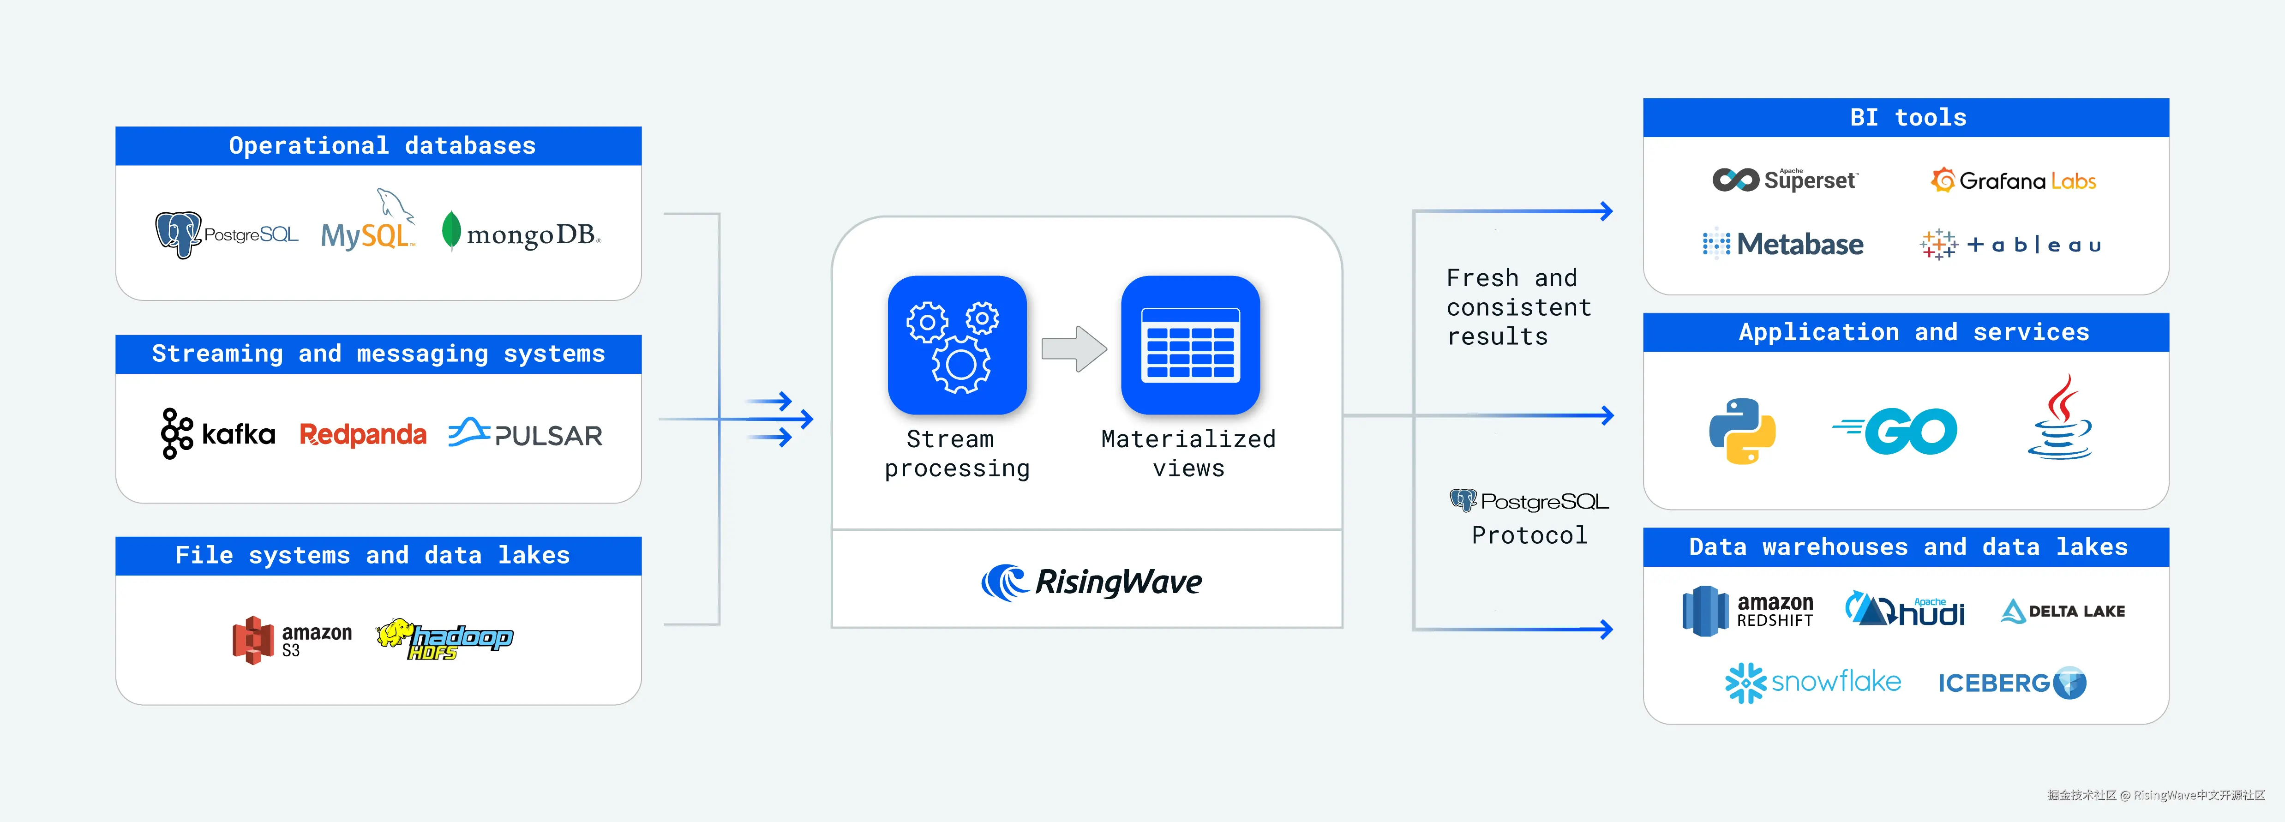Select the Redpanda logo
click(x=363, y=434)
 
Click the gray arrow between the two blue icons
click(x=1074, y=348)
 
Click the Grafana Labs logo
click(x=2013, y=181)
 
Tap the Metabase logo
click(x=1783, y=244)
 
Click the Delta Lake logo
click(x=2063, y=611)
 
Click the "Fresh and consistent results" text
click(x=1517, y=307)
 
